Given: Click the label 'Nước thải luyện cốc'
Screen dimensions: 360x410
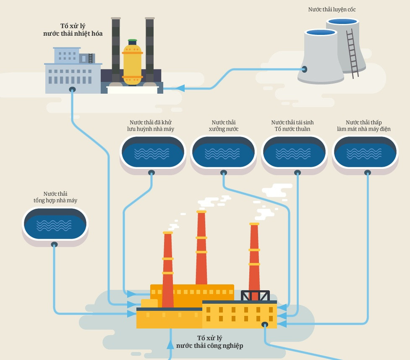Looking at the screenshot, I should click(332, 9).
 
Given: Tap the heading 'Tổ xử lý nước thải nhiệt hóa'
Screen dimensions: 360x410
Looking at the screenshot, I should click(73, 30).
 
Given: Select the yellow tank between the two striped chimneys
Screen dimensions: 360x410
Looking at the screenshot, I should click(132, 63).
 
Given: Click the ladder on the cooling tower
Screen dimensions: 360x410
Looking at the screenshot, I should click(352, 53).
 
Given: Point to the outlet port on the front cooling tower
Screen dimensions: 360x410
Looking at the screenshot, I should click(304, 69).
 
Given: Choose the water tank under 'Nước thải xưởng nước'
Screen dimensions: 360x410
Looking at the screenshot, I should click(223, 152).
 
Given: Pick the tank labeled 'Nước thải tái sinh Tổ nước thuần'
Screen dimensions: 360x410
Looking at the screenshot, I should click(294, 152).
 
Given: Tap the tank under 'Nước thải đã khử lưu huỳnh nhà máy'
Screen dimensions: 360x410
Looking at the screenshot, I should click(152, 152).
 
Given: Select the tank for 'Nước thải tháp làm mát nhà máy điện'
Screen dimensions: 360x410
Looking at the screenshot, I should click(365, 152).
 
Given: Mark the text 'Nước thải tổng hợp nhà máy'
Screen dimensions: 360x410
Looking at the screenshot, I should click(55, 197).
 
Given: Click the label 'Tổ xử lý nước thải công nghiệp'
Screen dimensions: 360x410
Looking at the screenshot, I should click(209, 342).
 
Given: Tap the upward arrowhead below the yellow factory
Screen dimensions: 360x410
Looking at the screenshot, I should click(170, 345).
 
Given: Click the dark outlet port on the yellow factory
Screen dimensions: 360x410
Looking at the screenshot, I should click(264, 324).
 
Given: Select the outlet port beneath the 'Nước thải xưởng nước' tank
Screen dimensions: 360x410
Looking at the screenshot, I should click(223, 172).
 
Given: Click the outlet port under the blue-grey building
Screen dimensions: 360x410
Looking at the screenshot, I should click(72, 89).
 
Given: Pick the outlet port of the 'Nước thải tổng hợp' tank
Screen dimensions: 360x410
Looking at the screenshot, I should click(54, 244).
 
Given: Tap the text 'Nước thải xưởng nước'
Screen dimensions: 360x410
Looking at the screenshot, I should click(223, 126).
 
